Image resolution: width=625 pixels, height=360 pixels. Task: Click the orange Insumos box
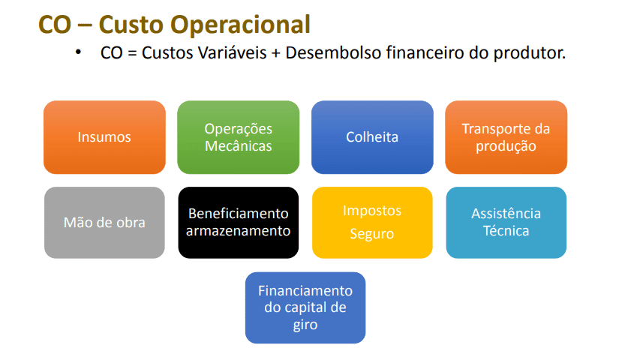tap(104, 137)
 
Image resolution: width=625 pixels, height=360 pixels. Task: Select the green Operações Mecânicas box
tap(238, 137)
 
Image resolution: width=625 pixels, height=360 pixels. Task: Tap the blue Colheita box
tap(372, 137)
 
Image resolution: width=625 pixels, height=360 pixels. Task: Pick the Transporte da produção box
tap(506, 137)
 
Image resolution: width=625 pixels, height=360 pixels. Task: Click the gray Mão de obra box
tap(104, 223)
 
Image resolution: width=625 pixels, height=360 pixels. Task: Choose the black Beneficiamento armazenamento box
tap(238, 223)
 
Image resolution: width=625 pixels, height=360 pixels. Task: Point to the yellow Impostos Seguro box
tap(372, 223)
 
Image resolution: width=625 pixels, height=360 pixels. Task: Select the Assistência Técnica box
tap(506, 223)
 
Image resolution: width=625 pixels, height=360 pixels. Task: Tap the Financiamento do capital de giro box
tap(305, 307)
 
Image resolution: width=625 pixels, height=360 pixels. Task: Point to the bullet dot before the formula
tap(77, 52)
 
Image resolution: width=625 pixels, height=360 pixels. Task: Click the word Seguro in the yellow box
tap(372, 234)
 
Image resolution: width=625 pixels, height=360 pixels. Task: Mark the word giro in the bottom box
tap(305, 325)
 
